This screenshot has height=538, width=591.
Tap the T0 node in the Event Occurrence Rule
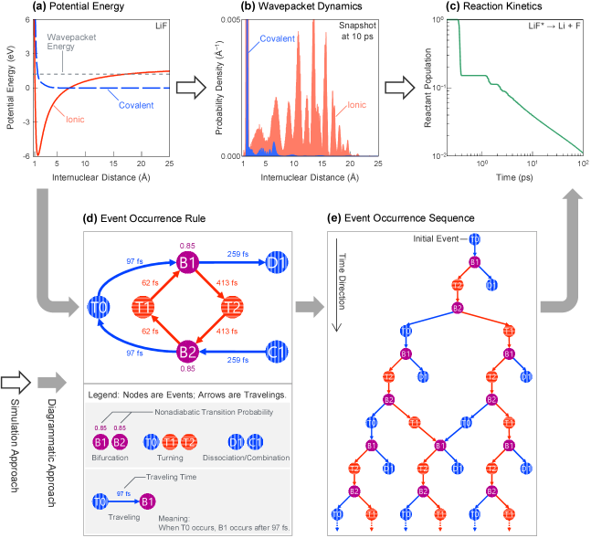(100, 306)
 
